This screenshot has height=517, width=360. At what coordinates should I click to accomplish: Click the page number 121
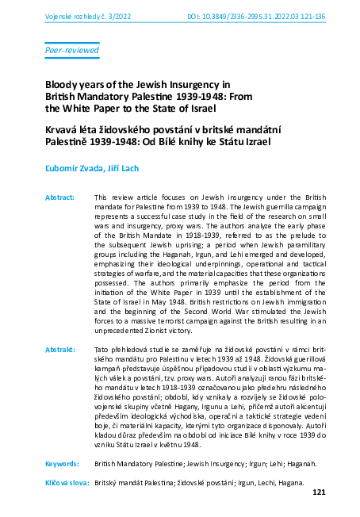[x=320, y=492]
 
